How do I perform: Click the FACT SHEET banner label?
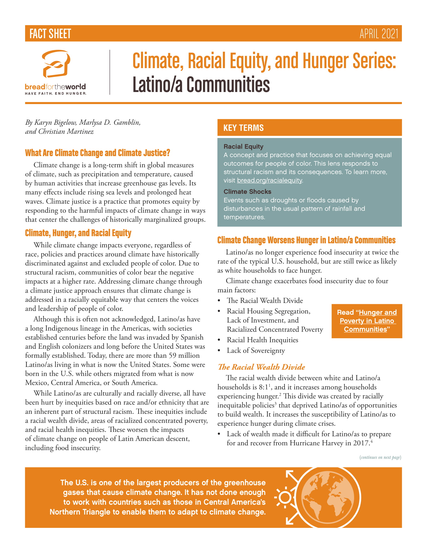[50, 34]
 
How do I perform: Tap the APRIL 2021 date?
[379, 34]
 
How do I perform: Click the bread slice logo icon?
[56, 64]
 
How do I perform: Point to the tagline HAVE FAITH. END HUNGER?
[56, 94]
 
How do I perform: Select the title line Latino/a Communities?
[201, 84]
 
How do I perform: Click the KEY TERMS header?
[243, 128]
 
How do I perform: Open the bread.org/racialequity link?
[270, 180]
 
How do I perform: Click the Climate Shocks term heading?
[247, 192]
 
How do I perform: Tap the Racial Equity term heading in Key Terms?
[243, 147]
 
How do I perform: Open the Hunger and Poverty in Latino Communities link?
[367, 321]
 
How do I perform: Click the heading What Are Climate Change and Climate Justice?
[97, 153]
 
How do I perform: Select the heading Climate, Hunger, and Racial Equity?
[78, 233]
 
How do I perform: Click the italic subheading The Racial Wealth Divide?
[261, 367]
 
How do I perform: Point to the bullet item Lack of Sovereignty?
[256, 350]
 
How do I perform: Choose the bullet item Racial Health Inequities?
[262, 340]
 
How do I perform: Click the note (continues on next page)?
[380, 457]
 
